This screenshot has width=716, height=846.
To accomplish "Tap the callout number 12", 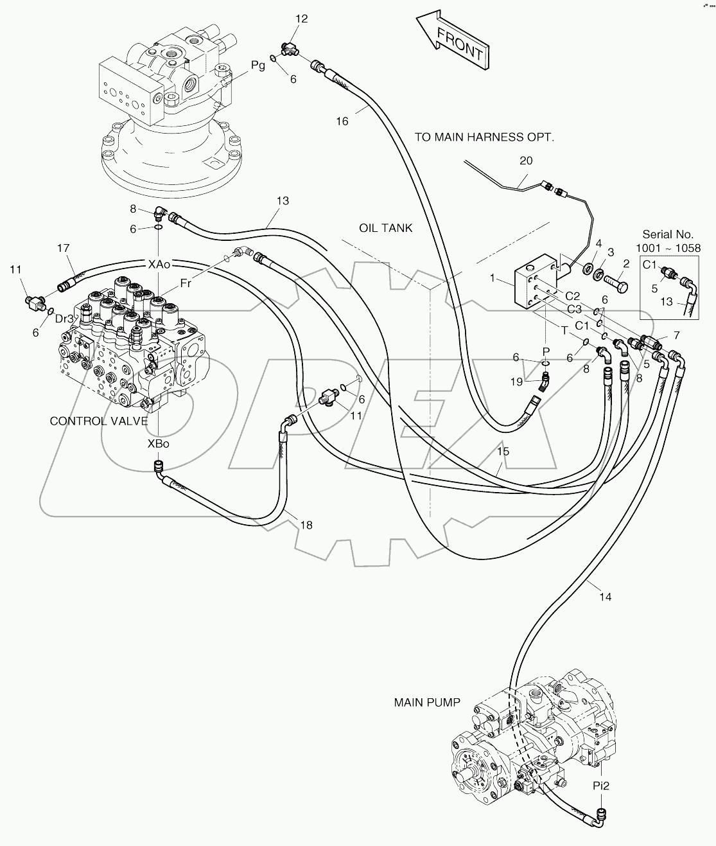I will tap(301, 19).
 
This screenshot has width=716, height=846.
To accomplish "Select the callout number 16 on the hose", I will tap(342, 121).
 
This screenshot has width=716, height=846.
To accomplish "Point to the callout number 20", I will tap(526, 161).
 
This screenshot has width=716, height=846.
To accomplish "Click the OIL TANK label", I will tap(386, 228).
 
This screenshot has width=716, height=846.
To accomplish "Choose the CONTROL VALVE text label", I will tap(99, 421).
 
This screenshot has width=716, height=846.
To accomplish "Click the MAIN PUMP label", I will tap(427, 702).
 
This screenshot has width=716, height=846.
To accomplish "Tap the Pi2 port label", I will tap(601, 785).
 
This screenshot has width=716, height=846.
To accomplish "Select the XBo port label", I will tap(158, 443).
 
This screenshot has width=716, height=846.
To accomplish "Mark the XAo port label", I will tap(159, 264).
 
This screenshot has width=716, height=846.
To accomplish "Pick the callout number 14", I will tap(605, 597).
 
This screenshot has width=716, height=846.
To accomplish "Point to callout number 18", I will tap(306, 525).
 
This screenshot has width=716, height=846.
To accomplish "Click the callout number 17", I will tap(63, 248).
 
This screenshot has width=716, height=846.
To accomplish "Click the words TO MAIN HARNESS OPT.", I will tap(484, 137).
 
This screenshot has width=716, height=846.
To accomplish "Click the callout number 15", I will tap(503, 452).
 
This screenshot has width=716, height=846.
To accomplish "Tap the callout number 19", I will tap(517, 382).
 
